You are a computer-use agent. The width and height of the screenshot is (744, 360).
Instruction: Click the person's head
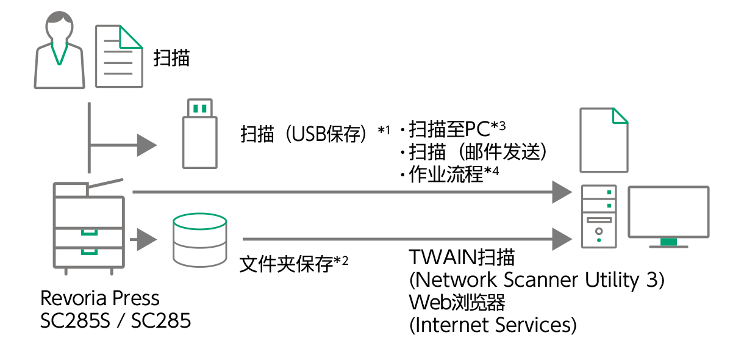(x=59, y=25)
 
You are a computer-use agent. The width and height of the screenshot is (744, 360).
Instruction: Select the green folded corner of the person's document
(x=129, y=37)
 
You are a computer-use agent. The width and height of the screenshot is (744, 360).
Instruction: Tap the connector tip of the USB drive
(x=200, y=108)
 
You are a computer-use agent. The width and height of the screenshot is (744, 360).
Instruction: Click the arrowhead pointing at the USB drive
(x=146, y=145)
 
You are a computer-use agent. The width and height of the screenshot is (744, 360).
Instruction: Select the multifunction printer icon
(x=89, y=225)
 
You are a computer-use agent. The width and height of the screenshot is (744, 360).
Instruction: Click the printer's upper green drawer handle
(x=90, y=232)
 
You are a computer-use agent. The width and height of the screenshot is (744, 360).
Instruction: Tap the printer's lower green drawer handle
(x=90, y=251)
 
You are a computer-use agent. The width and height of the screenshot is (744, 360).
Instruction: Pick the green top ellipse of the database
(x=200, y=221)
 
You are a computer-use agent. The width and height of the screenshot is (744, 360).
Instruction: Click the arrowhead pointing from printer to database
(x=146, y=240)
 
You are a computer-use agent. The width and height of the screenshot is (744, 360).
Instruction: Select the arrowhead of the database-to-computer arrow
(x=562, y=239)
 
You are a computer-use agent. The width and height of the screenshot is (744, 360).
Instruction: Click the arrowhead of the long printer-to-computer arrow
(x=562, y=192)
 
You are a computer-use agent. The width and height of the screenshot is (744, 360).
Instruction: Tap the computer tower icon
(x=599, y=217)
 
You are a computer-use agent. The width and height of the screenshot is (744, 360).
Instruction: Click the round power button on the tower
(x=599, y=231)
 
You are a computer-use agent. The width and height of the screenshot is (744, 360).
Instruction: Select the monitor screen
(x=668, y=212)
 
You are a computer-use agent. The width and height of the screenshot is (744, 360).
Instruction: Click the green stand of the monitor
(x=668, y=242)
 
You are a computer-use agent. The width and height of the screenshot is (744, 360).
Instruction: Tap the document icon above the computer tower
(x=604, y=140)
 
